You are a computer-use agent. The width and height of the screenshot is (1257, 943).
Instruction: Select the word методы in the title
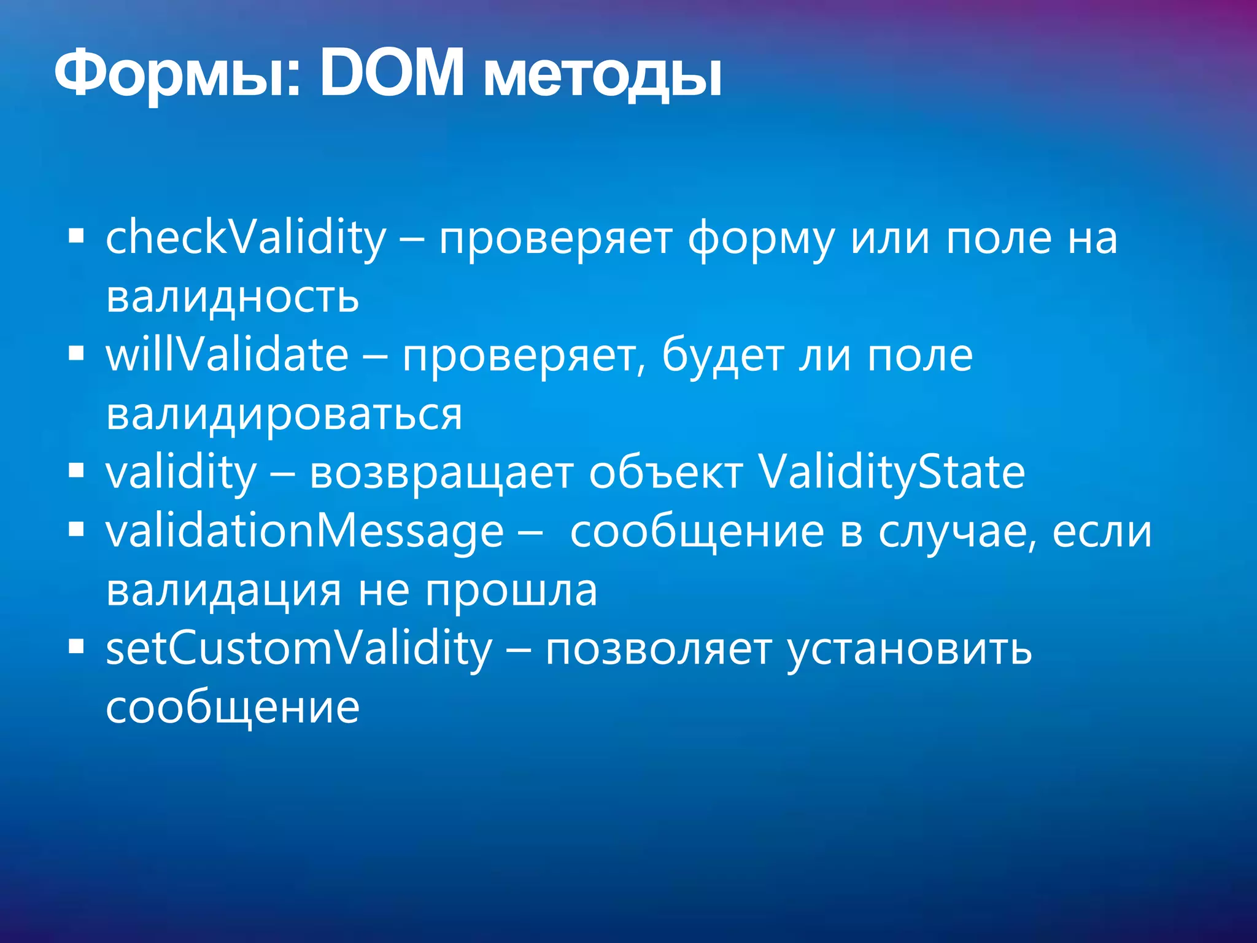(x=601, y=80)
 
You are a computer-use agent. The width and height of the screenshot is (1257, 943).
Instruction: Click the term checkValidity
(x=246, y=238)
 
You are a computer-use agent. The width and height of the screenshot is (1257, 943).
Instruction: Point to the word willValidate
(x=227, y=356)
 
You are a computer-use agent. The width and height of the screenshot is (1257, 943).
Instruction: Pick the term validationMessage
(x=304, y=532)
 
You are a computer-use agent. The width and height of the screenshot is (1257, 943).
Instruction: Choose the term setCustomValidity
(x=299, y=650)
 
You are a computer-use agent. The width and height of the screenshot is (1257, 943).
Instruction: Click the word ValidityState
(x=892, y=474)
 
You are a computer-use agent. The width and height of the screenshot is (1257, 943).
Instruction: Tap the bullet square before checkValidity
(x=76, y=236)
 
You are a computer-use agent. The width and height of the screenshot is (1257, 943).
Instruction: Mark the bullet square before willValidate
(x=76, y=354)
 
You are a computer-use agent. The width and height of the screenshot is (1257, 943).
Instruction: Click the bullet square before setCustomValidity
(x=76, y=646)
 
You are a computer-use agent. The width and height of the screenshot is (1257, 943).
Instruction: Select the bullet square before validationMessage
(x=76, y=529)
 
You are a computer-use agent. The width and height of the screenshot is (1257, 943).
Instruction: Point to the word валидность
(x=232, y=298)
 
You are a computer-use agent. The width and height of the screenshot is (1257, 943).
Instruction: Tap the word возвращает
(x=441, y=474)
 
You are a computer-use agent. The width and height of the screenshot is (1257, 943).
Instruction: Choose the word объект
(x=666, y=474)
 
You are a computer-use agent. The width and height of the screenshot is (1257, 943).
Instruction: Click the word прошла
(x=511, y=591)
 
